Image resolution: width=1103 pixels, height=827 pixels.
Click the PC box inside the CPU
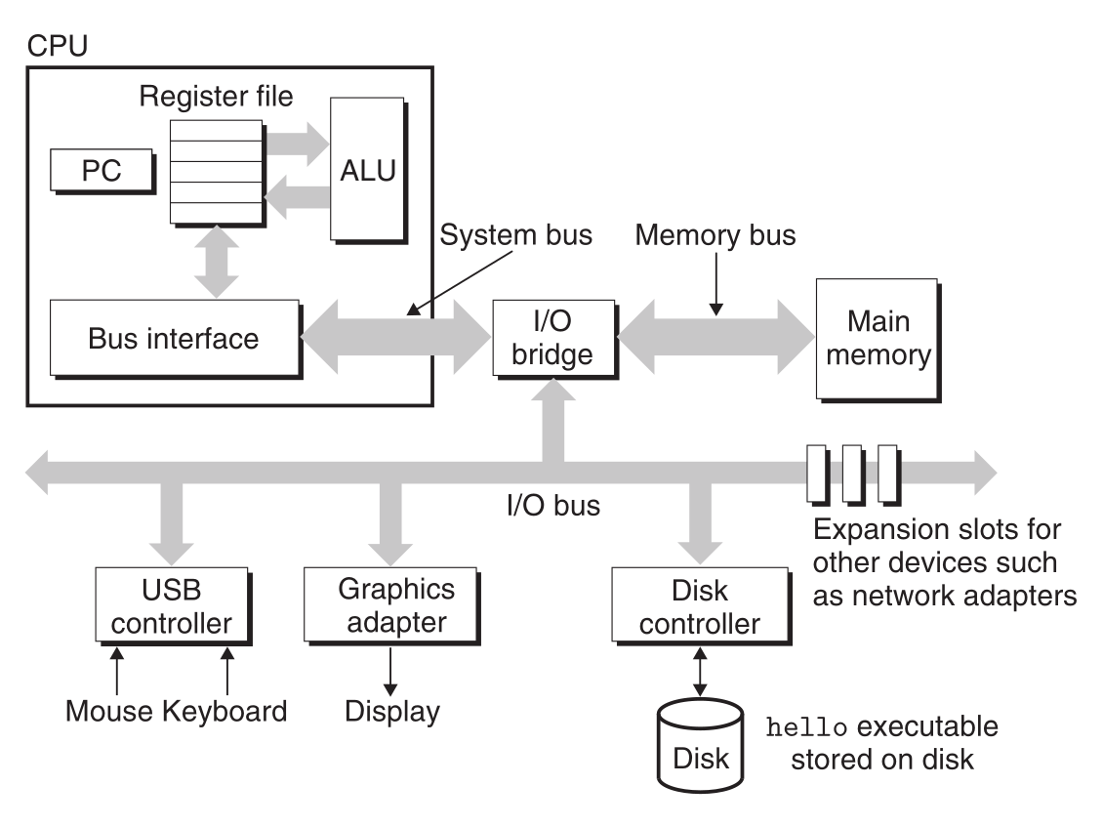pos(102,172)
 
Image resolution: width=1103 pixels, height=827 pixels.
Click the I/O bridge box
pos(553,337)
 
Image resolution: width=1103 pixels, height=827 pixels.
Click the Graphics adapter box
pos(395,605)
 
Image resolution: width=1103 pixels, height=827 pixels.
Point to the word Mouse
pos(108,711)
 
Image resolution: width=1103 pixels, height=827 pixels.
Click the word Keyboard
pos(225,711)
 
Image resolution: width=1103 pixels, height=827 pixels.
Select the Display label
pos(392,711)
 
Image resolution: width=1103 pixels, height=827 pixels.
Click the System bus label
pos(516,235)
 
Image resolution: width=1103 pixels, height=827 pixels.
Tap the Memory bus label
pos(715,235)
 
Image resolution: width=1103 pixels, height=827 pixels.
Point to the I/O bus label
pos(552,506)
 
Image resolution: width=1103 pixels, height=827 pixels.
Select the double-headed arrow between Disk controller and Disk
pos(699,665)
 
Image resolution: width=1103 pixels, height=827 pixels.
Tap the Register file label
pos(216,97)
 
